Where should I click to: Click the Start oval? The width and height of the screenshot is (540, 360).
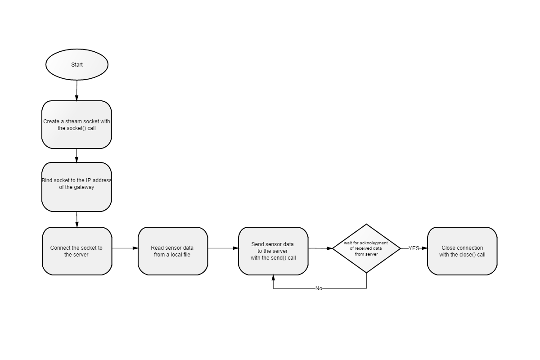(77, 64)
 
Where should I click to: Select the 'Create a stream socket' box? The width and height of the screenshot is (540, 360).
(76, 125)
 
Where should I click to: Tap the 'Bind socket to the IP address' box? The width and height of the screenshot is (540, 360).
(76, 187)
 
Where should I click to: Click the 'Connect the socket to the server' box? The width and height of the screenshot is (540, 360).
(77, 251)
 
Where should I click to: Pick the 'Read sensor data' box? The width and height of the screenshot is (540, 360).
(173, 251)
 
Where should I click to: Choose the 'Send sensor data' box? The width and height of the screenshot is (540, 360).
(273, 251)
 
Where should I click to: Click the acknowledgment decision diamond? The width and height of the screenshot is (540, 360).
(366, 248)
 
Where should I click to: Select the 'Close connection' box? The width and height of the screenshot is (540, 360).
(462, 251)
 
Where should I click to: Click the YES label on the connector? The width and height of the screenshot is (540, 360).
(414, 248)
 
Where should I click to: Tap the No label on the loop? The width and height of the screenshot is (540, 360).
(319, 288)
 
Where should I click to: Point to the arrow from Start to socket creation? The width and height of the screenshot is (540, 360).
(77, 90)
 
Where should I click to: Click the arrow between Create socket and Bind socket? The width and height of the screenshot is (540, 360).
(76, 156)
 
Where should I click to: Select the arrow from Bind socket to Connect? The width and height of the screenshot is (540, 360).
(77, 220)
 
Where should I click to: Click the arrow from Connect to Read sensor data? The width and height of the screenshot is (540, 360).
(125, 248)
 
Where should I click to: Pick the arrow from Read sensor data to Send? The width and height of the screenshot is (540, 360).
(223, 248)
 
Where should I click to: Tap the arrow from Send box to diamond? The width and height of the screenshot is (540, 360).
(320, 248)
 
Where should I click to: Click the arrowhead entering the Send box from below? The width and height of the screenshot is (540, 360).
(273, 278)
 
